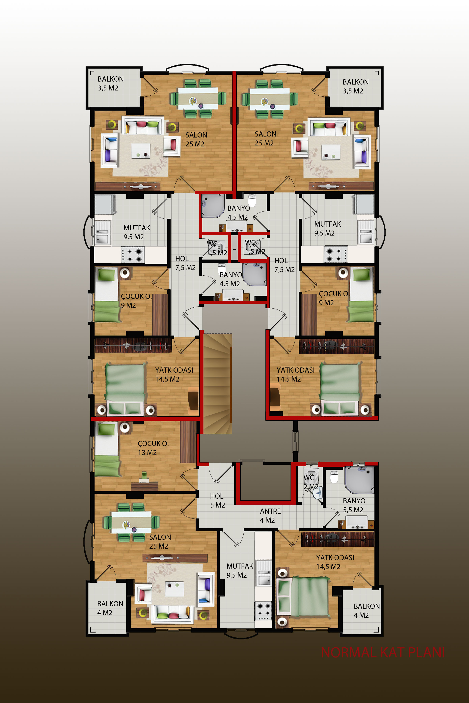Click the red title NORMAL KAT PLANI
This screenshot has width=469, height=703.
click(x=383, y=652)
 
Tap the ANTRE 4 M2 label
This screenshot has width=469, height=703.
click(x=270, y=516)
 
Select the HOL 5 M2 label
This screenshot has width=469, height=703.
click(x=217, y=501)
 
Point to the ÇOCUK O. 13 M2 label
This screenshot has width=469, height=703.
click(x=153, y=448)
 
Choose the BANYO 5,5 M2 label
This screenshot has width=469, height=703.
click(x=354, y=505)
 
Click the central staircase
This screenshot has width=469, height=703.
click(x=217, y=383)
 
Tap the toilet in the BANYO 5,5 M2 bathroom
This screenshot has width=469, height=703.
click(x=334, y=477)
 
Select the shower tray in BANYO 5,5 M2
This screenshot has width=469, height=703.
click(x=359, y=480)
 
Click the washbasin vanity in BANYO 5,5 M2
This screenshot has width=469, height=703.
click(x=356, y=524)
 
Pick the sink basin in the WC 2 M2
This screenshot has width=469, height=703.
click(x=317, y=493)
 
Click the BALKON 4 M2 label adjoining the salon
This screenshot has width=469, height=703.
click(x=110, y=608)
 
